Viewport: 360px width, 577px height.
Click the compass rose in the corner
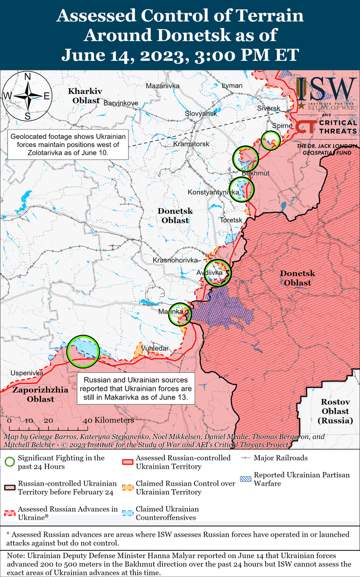point(28,96)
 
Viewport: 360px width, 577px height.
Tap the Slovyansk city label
point(201,113)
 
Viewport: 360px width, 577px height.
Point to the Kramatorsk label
point(191,144)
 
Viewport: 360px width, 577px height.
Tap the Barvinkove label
point(121,103)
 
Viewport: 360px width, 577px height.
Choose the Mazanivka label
point(163,86)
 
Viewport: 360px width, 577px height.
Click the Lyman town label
point(232,86)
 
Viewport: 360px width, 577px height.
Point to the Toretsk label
point(231,220)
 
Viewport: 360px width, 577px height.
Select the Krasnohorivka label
point(176,261)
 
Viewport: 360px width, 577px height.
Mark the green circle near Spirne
point(270,140)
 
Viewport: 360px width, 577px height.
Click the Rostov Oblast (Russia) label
point(335,411)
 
